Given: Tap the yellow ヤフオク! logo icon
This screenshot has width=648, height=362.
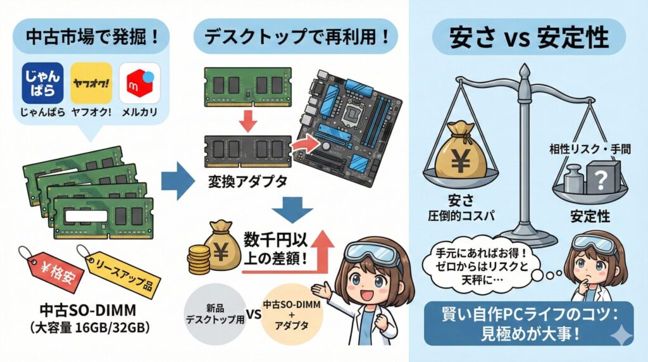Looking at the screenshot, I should [x=91, y=82].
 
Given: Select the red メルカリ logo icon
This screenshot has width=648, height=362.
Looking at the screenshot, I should [x=139, y=82].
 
